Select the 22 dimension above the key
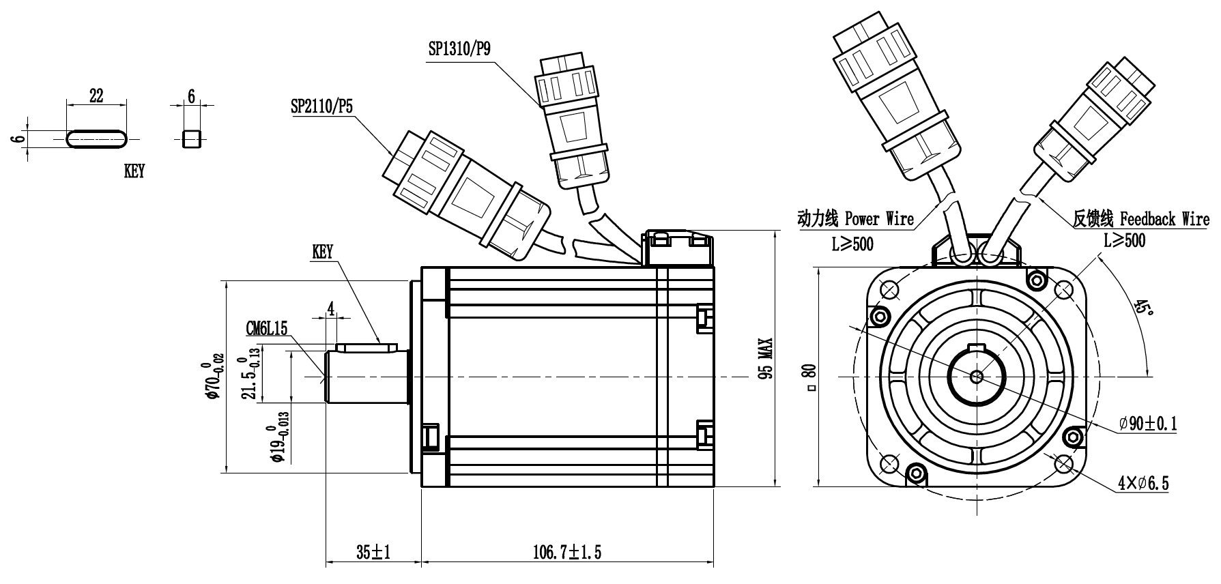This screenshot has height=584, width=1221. pos(96,96)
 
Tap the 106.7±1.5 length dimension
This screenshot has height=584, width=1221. pos(566,551)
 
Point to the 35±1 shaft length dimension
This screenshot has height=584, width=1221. pos(372,551)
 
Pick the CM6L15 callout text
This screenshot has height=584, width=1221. pos(267,329)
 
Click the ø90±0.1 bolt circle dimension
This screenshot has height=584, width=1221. pos(1147,424)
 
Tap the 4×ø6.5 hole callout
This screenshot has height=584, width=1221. pos(1143,484)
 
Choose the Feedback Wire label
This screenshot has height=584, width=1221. pos(1164,219)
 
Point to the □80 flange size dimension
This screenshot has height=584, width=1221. pos(810,377)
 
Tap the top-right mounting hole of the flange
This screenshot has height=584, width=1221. pos(1063,290)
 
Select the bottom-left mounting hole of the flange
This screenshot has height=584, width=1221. pos(889,464)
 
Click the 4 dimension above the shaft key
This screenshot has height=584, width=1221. pos(331,308)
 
